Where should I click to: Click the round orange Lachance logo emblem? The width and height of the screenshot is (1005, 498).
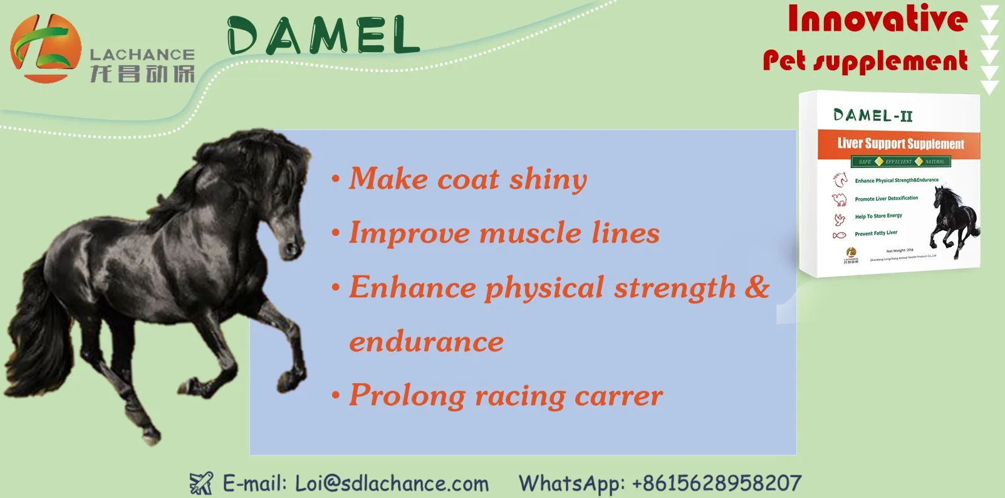[45, 48]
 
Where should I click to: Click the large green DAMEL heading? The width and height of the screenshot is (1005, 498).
[323, 36]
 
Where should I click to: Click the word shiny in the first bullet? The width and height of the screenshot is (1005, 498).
[548, 179]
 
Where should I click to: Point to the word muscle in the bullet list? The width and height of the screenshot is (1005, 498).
[531, 233]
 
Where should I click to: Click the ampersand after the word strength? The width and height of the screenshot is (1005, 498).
[757, 287]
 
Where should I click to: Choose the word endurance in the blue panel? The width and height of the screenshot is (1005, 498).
[426, 342]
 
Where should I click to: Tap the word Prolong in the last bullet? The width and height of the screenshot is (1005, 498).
[407, 396]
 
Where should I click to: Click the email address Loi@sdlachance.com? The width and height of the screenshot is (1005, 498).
[392, 484]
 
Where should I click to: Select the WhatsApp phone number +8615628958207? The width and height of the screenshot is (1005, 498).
[717, 484]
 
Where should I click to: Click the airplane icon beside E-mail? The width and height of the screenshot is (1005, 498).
[201, 483]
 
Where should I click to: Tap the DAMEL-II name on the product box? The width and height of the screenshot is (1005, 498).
[873, 115]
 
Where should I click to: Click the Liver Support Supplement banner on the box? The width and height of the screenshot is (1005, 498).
[900, 144]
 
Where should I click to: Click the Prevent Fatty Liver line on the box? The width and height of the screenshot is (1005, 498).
[876, 233]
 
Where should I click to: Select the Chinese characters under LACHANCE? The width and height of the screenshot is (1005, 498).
[142, 74]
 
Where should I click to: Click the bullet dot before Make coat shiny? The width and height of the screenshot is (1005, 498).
[336, 180]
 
